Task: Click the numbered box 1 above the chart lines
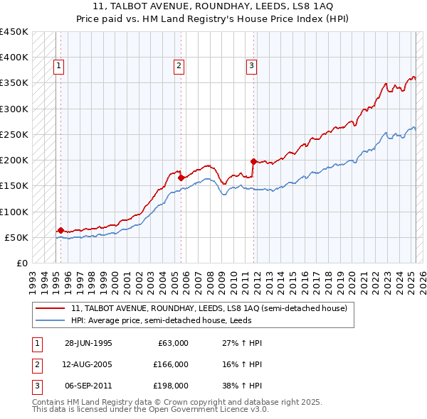pos(58,66)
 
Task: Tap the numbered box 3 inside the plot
pos(251,66)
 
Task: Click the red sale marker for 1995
pos(60,230)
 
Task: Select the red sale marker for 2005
pos(181,178)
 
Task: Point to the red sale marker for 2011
pos(254,161)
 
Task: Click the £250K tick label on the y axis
pos(14,134)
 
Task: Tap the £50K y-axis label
pos(16,237)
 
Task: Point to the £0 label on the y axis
pos(22,263)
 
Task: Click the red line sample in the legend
pos(50,309)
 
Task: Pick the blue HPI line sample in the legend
pos(50,320)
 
